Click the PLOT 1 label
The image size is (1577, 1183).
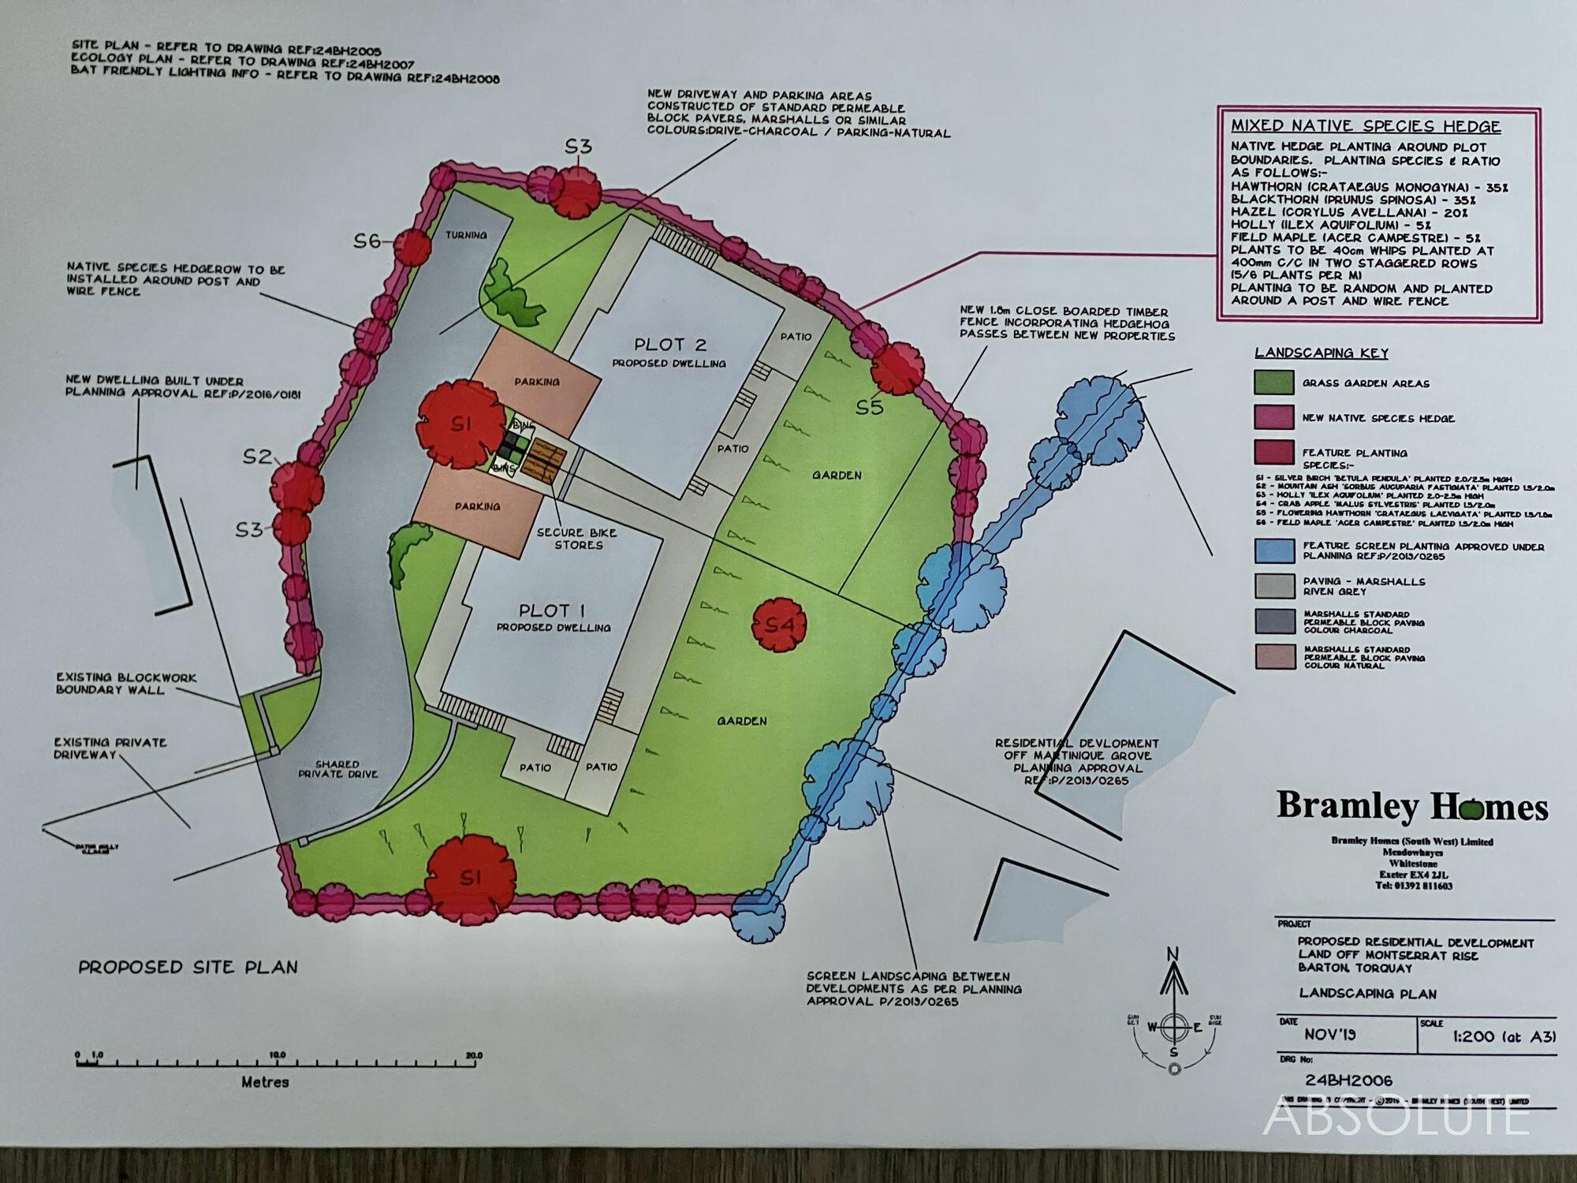(552, 610)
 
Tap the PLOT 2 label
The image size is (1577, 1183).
(670, 345)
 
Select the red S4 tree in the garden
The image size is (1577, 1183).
(779, 625)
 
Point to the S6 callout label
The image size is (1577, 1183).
(367, 241)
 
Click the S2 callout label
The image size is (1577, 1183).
(257, 457)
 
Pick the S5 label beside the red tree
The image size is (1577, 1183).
(871, 408)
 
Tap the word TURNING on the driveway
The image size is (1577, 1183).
(466, 235)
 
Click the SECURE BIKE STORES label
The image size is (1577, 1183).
(578, 539)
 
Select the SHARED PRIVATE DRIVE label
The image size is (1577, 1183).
(337, 769)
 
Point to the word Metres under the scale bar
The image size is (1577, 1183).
(265, 1082)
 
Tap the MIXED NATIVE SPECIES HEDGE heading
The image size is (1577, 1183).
(1366, 126)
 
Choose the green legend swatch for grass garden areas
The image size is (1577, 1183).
(1273, 383)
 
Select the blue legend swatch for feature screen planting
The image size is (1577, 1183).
(1273, 550)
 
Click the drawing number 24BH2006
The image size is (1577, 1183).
(1348, 1080)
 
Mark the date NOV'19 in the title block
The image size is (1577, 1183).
(1329, 1035)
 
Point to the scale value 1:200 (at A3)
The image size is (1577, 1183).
(1504, 1036)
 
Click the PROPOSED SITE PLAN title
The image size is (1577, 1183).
(188, 967)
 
